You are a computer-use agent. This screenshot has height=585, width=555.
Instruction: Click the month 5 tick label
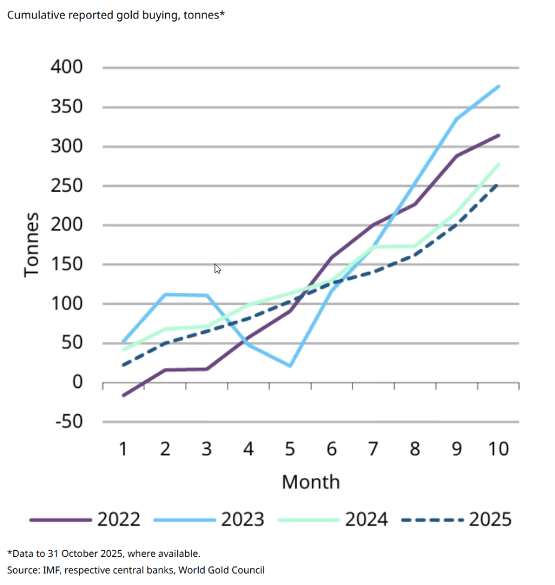coord(290,448)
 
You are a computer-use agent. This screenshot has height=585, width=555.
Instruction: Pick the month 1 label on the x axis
coord(123,448)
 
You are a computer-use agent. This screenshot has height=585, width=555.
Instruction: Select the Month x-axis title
coord(311,481)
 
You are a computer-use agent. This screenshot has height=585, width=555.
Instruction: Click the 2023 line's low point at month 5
coord(290,366)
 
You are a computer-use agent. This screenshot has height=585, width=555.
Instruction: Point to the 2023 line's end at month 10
coord(499,86)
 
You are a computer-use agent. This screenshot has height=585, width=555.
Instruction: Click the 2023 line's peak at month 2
coord(165,294)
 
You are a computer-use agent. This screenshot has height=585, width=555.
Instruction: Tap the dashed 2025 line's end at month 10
coord(499,184)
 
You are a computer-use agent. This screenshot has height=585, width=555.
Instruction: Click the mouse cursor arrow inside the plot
coord(217,268)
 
